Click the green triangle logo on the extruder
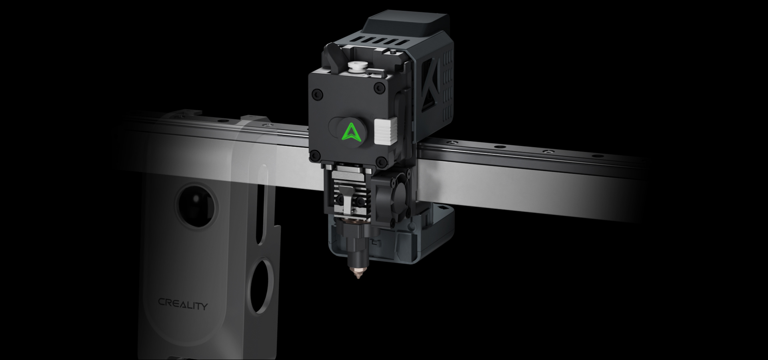pos(352,132)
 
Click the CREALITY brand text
pos(183,304)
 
